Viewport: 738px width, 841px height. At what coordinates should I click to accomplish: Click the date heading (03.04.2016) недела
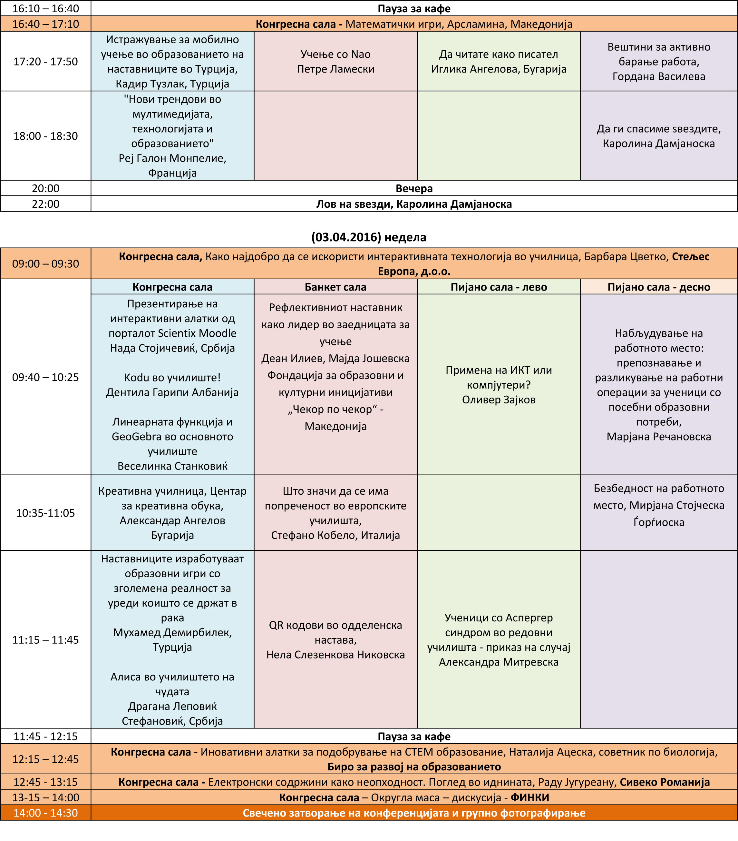[368, 237]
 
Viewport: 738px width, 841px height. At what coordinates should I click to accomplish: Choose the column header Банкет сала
[335, 287]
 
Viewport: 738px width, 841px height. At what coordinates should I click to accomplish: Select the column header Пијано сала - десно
[659, 287]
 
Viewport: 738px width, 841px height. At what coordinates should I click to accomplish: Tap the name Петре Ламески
[335, 69]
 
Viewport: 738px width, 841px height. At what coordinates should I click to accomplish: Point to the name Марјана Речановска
[659, 437]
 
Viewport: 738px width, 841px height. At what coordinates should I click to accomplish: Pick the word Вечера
[414, 188]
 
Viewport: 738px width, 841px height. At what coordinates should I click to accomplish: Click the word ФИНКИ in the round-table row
[529, 798]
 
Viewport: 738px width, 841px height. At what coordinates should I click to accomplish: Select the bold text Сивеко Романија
[665, 782]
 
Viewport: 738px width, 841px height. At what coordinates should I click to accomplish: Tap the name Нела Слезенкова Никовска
[335, 655]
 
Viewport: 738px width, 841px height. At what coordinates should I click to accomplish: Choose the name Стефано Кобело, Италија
[335, 535]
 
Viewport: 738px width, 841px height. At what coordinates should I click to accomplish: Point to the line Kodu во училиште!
[172, 378]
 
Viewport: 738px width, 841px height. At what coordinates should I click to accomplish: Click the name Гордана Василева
[659, 76]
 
